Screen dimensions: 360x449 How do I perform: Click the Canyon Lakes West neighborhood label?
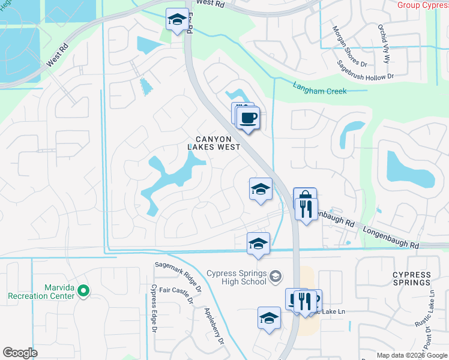(214, 142)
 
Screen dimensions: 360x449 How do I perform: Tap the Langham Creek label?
(317, 87)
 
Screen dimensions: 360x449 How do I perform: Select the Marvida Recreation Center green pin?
(83, 292)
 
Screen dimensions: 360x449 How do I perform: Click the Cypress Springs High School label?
(236, 277)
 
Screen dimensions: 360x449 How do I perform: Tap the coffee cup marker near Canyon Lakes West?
(247, 116)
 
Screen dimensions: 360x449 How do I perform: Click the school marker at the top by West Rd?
(177, 20)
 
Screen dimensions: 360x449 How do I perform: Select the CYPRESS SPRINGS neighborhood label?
(411, 278)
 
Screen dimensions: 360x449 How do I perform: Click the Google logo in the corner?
(20, 353)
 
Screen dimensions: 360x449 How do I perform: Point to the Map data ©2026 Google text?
(411, 355)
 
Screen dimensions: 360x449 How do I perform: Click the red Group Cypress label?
(423, 5)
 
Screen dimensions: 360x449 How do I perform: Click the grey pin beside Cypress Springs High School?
(276, 277)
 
